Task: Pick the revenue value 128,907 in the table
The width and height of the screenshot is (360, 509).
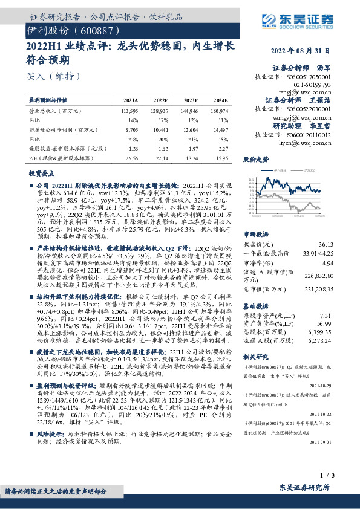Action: tap(159, 112)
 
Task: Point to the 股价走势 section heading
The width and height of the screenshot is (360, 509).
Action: tap(255, 160)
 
